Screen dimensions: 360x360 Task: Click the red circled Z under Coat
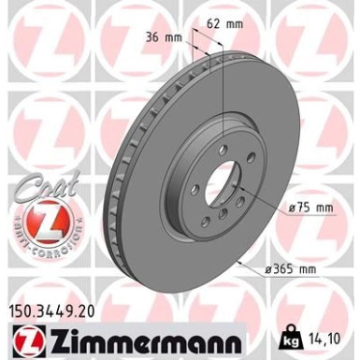(41, 223)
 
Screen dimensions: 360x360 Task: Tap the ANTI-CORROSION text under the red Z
(41, 247)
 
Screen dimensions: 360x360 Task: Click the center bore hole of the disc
(214, 177)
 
